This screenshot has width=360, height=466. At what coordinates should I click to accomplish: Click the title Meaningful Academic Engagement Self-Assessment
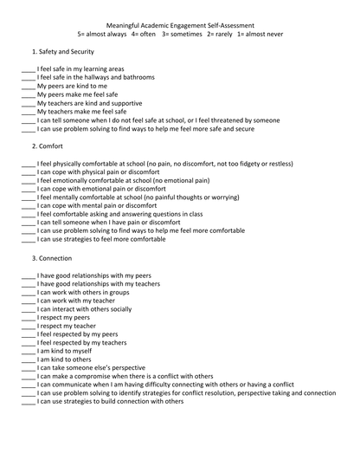click(x=179, y=26)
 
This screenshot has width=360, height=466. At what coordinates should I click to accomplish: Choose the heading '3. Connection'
click(x=53, y=258)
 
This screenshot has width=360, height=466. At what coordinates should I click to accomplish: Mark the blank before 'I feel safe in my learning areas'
click(x=29, y=69)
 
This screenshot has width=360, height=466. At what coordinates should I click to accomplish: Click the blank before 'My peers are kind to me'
click(x=29, y=87)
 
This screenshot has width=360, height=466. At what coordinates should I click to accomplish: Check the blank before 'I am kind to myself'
click(x=29, y=351)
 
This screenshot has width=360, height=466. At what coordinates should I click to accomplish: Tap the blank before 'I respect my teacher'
click(x=29, y=326)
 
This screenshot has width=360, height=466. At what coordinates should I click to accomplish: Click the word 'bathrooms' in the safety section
click(x=138, y=77)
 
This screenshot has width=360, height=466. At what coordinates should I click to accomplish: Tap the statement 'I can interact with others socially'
click(x=85, y=308)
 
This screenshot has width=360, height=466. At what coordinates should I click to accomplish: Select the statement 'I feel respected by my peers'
click(x=78, y=333)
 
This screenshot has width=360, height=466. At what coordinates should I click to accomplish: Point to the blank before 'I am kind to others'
click(x=29, y=359)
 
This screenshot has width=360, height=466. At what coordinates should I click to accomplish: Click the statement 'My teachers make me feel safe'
click(x=81, y=112)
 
